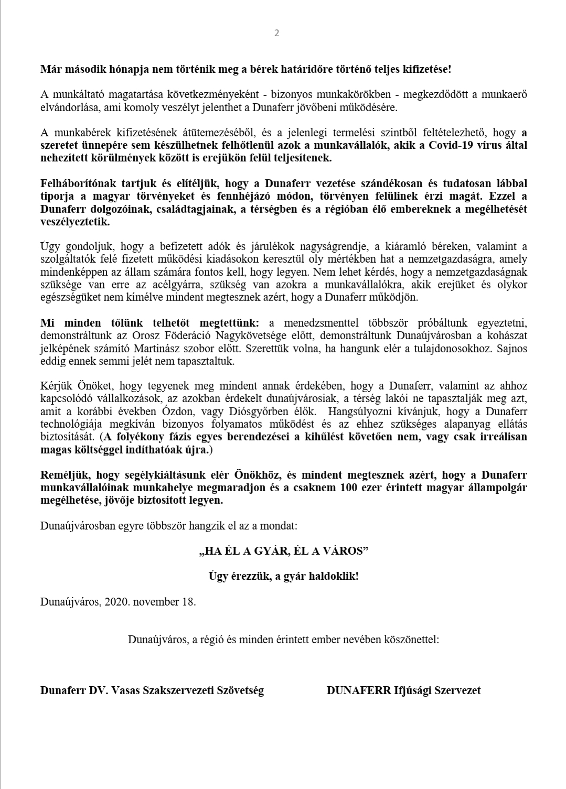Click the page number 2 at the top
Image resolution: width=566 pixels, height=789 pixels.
(x=277, y=33)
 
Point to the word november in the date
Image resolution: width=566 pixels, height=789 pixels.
(x=156, y=601)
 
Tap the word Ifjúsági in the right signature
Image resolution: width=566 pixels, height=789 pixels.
(x=415, y=690)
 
